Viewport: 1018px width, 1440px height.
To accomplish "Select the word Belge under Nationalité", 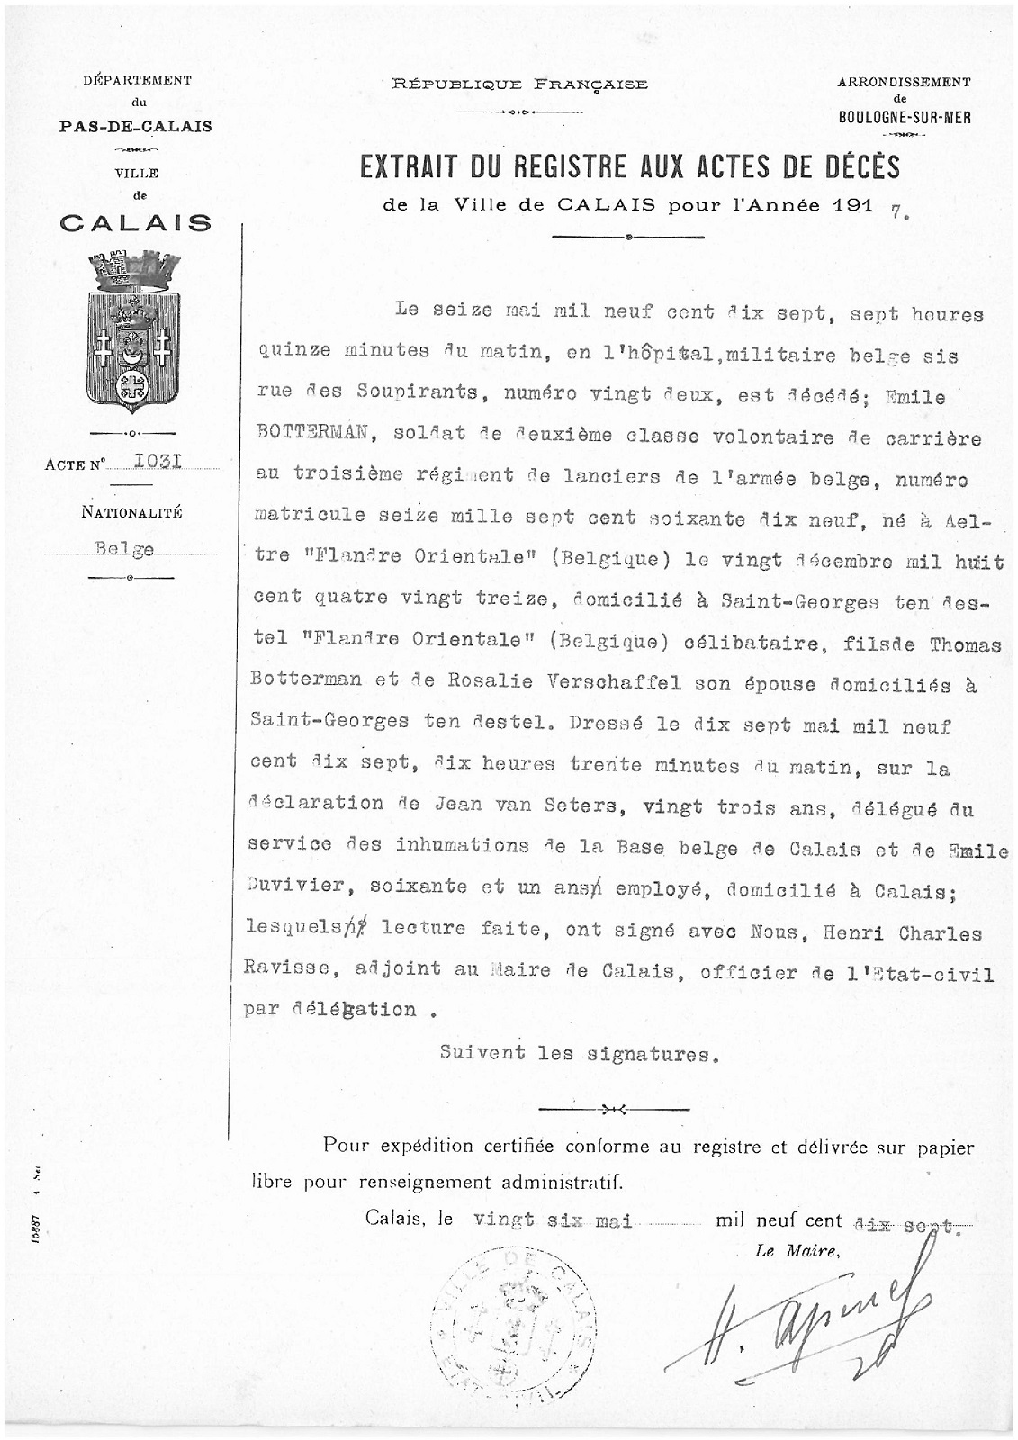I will (x=124, y=548).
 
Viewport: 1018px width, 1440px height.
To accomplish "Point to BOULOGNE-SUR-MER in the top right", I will (x=904, y=117).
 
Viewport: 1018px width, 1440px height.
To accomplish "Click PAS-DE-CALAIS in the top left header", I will (x=135, y=126).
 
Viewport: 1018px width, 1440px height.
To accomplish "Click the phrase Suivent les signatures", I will (x=579, y=1053).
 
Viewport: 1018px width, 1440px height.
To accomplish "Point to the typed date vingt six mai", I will (x=554, y=1220).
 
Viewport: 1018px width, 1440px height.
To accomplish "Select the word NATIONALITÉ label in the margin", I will (x=131, y=512).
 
